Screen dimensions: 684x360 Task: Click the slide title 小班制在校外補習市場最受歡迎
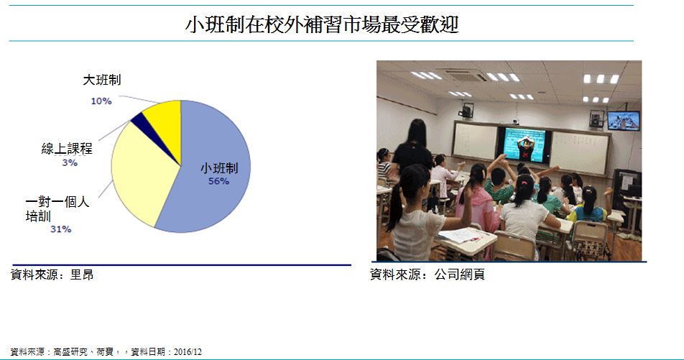click(x=322, y=24)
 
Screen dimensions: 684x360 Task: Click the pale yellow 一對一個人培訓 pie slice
click(x=139, y=175)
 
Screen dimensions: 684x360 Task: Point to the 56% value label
click(x=218, y=180)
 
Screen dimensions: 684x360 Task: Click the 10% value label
click(x=101, y=101)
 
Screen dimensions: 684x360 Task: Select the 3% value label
click(x=70, y=163)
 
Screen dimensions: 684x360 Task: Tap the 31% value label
click(x=60, y=229)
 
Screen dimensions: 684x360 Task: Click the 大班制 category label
click(x=101, y=80)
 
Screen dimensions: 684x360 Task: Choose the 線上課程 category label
click(x=67, y=148)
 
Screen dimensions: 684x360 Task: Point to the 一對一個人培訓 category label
click(x=57, y=208)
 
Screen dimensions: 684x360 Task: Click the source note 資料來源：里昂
click(x=52, y=274)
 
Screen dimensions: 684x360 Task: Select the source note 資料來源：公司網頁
click(x=427, y=274)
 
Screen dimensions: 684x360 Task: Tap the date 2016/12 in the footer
click(x=188, y=351)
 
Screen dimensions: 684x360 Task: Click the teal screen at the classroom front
click(x=524, y=144)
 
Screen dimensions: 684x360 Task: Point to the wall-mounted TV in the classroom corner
click(x=624, y=121)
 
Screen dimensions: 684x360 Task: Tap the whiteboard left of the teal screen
click(x=475, y=141)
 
